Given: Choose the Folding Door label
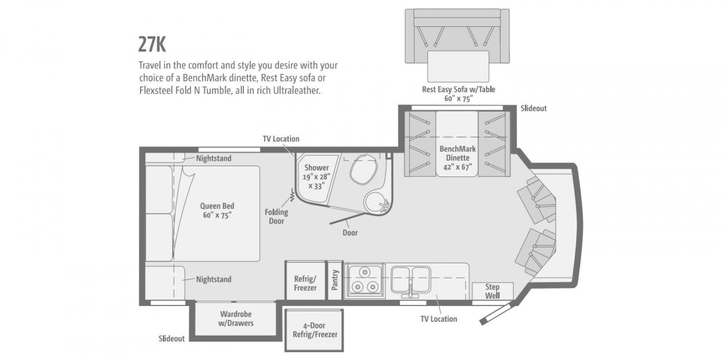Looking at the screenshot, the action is point(276,217).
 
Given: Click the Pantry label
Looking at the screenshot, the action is point(335,280).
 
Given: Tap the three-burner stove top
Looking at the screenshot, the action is point(365,280).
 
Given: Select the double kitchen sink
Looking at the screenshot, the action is point(411,280).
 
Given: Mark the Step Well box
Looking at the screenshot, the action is point(492,291).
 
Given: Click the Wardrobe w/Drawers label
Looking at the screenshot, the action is point(236,319).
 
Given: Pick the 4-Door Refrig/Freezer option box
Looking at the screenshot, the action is point(314,330).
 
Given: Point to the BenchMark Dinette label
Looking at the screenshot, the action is point(457,158).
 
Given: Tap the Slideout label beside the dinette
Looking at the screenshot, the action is point(533,108).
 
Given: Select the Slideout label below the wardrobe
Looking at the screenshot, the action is point(171,338).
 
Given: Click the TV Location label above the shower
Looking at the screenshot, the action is point(281,138).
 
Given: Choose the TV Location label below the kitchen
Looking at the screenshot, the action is point(439,319).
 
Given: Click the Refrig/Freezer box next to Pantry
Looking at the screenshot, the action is point(305,281).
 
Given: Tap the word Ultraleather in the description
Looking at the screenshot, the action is point(297,90).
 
